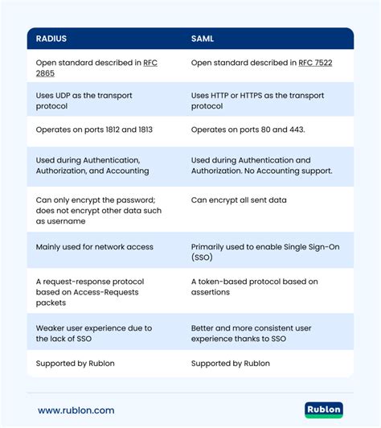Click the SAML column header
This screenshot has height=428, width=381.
203,39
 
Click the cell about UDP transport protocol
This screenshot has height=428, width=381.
84,101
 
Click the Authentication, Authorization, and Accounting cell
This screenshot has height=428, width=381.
92,166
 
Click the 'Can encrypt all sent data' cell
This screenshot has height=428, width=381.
239,200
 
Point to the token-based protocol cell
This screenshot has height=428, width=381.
255,287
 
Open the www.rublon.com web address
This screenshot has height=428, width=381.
76,410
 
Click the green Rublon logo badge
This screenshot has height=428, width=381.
324,410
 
